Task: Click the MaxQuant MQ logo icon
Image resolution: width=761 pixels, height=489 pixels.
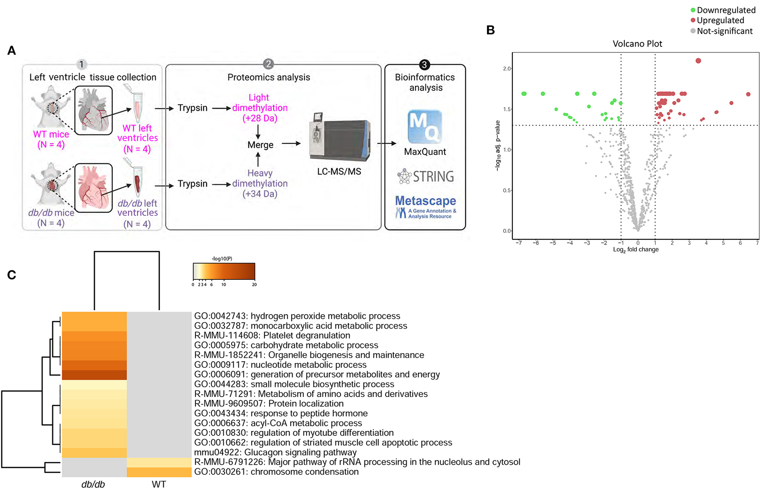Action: click(424, 126)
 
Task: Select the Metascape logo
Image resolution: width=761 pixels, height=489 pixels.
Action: click(425, 207)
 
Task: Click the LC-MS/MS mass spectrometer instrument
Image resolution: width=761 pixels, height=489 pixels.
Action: click(339, 138)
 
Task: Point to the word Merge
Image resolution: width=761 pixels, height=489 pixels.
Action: click(260, 145)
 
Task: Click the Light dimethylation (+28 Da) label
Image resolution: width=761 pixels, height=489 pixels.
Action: click(259, 108)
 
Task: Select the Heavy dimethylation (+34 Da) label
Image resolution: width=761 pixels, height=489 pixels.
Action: click(259, 183)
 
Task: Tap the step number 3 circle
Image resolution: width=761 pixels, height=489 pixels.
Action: click(424, 65)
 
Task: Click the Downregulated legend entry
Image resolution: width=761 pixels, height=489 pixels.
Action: click(722, 10)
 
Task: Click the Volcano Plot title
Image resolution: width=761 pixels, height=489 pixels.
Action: click(637, 44)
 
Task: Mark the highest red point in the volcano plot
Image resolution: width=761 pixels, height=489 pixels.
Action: click(698, 61)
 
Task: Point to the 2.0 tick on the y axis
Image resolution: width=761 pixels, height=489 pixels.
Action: click(507, 69)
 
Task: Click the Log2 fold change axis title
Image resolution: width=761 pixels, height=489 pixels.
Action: click(636, 250)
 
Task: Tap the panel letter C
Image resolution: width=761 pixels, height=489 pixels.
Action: click(12, 275)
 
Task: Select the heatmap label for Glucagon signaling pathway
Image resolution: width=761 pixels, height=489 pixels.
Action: click(275, 452)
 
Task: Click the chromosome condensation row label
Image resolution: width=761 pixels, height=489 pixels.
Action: click(276, 472)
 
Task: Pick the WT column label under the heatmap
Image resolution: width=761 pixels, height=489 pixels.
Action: click(158, 484)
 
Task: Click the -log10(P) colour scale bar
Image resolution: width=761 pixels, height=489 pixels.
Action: click(224, 272)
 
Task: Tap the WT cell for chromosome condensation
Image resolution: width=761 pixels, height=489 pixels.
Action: click(159, 472)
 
